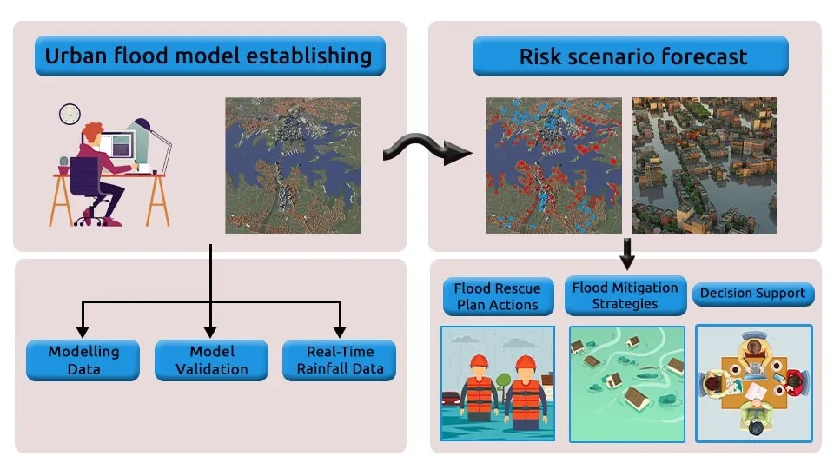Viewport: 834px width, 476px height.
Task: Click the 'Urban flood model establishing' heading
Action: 209,56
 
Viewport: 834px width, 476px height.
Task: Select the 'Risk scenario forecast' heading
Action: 632,57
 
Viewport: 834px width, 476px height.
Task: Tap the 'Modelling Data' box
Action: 83,360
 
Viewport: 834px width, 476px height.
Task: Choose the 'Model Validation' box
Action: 210,360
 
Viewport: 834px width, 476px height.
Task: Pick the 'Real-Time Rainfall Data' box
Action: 340,360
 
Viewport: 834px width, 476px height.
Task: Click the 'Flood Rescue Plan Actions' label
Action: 498,296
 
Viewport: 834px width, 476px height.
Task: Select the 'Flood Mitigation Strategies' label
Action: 625,295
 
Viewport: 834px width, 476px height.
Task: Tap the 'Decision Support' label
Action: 753,294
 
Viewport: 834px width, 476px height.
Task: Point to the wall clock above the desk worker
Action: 69,114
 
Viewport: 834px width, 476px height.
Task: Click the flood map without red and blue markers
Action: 293,165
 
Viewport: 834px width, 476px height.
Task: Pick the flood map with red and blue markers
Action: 553,165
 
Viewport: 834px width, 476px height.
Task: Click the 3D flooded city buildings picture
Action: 704,165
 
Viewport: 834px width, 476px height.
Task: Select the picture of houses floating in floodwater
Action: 626,382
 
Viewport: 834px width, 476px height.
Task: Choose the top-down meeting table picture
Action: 753,382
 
